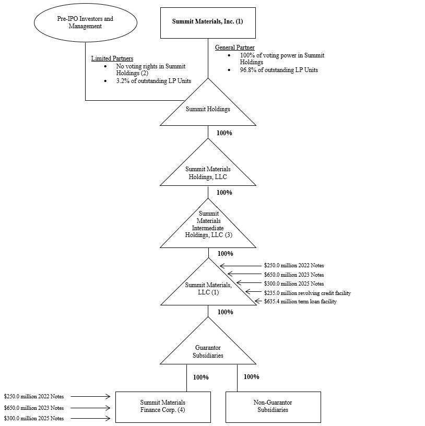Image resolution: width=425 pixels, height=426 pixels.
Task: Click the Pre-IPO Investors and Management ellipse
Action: point(85,22)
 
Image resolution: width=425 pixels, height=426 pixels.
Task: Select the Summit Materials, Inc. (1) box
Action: point(207,22)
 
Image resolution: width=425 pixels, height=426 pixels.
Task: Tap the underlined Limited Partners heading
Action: point(112,58)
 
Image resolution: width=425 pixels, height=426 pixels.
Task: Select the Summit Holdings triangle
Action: point(208,110)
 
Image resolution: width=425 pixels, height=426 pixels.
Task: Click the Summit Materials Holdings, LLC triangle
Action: point(208,172)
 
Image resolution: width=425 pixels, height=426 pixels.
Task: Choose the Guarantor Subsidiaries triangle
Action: point(208,351)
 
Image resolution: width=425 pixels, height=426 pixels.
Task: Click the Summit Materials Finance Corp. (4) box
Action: point(163,406)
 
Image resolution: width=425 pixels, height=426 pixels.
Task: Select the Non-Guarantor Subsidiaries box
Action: point(273,406)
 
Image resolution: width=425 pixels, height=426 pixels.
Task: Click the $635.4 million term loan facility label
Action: point(300,302)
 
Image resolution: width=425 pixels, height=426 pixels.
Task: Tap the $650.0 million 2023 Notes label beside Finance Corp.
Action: point(34,408)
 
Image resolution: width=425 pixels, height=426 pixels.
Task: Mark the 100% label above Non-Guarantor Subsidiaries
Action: point(251,377)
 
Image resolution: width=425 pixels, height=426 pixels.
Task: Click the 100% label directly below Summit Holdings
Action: point(224,133)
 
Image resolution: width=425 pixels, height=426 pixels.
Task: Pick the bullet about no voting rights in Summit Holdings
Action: point(150,70)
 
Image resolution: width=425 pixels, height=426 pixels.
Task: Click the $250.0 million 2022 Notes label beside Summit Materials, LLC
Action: point(294,266)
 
